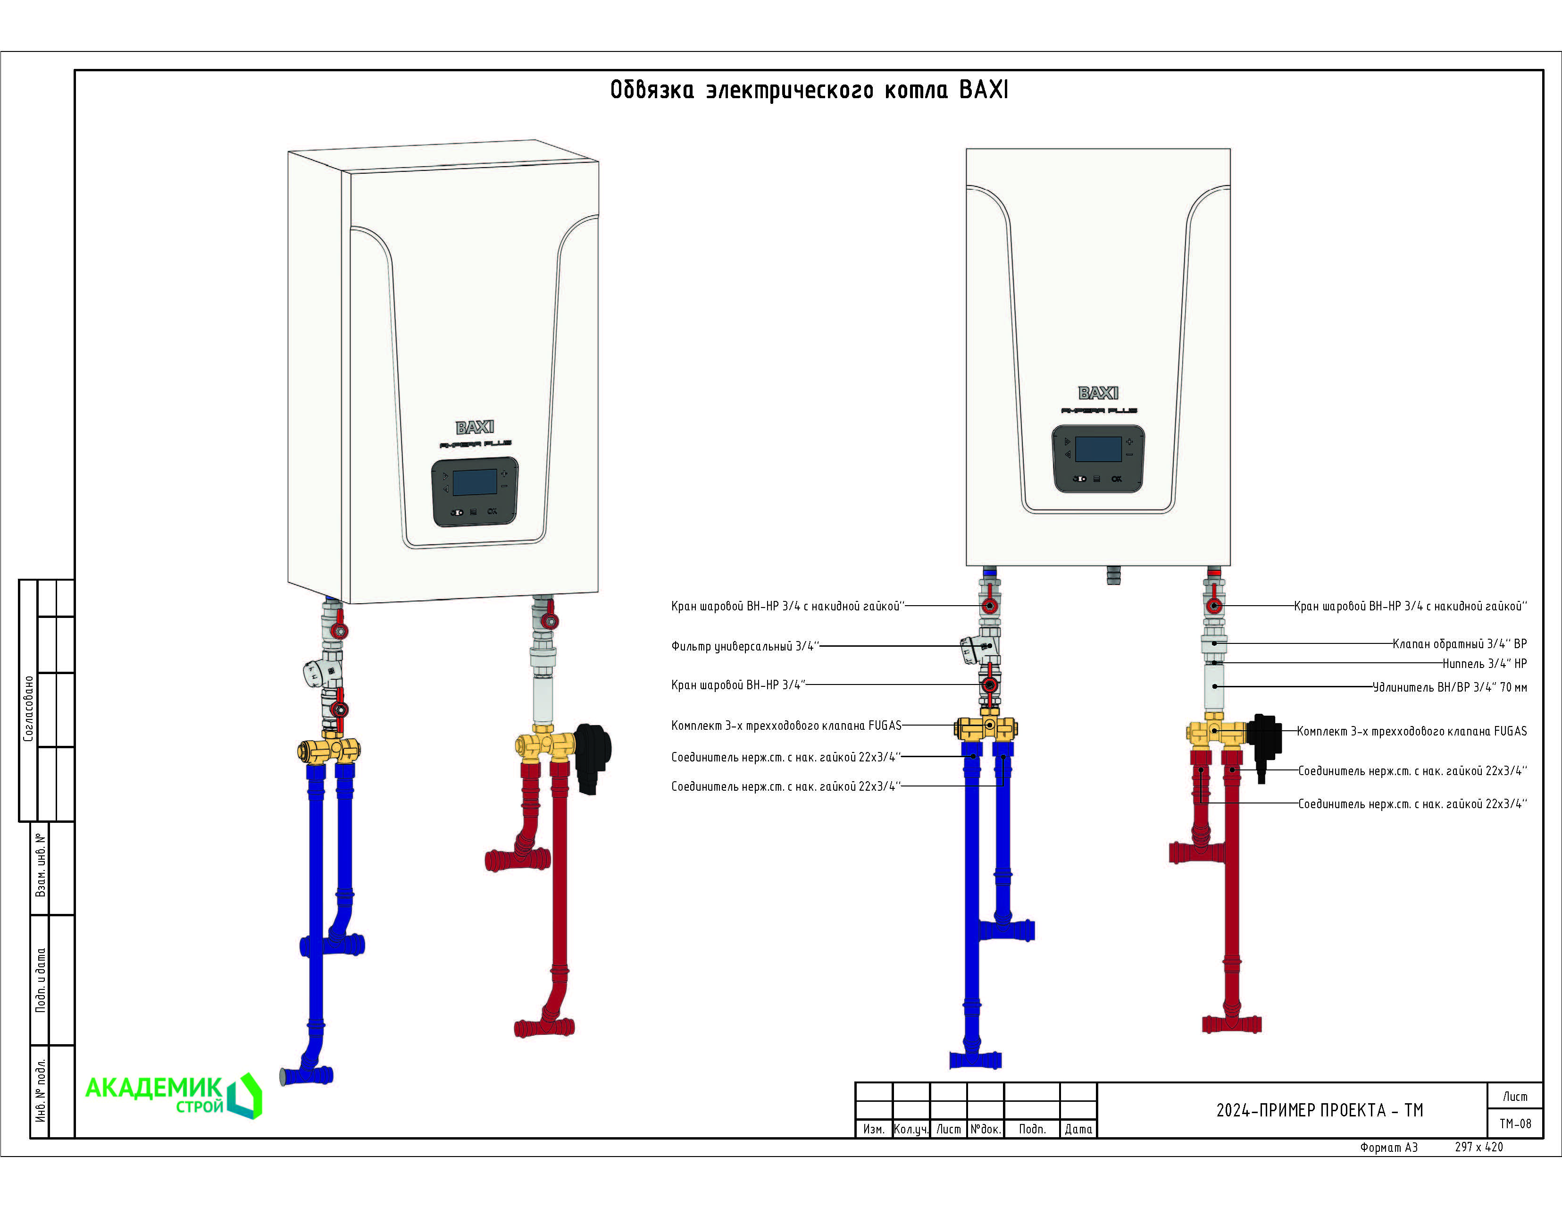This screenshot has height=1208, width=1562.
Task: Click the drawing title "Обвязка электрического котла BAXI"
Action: click(809, 90)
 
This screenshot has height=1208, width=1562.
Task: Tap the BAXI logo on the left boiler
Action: click(475, 427)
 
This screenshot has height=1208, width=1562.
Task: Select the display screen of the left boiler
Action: click(475, 482)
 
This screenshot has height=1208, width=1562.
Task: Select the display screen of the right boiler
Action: click(1099, 449)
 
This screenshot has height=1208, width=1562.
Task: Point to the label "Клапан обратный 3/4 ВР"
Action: click(1460, 643)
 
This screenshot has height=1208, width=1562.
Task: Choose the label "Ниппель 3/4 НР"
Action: click(1485, 663)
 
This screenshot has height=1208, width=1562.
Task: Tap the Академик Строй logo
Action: click(174, 1095)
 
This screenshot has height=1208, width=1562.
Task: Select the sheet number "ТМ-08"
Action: click(1515, 1124)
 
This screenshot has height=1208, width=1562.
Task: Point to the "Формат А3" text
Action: click(1388, 1147)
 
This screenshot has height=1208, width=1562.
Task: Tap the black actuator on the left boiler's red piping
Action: click(593, 757)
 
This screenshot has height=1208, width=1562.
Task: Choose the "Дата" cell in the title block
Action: click(1078, 1129)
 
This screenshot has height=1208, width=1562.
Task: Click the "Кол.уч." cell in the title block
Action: click(911, 1129)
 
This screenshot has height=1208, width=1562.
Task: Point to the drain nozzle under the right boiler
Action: click(1113, 574)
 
